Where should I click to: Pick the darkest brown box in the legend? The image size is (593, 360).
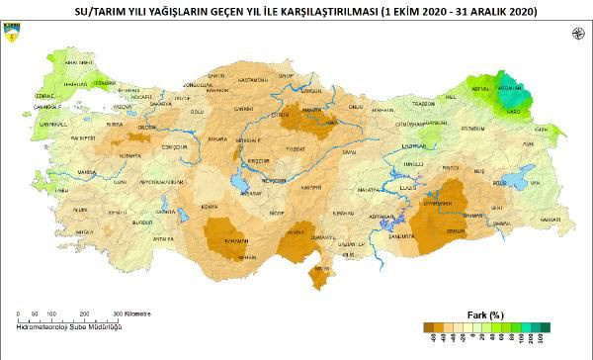coord(426,326)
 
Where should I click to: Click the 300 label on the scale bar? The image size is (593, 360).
coord(117,314)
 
